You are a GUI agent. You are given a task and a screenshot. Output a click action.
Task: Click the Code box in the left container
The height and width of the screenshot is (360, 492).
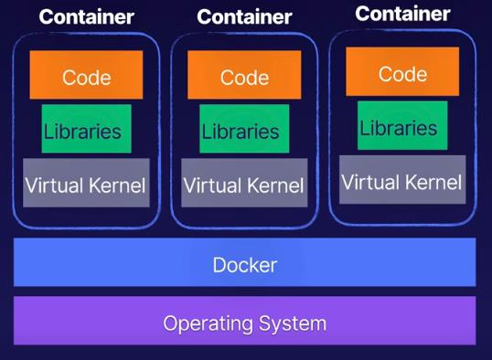point(86,76)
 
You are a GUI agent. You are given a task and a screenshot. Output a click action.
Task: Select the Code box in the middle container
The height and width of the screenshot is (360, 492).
point(243,77)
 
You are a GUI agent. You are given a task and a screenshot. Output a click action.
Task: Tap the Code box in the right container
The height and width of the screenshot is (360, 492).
point(402,72)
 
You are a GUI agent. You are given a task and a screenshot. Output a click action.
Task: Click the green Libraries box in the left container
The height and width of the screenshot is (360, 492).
point(86,130)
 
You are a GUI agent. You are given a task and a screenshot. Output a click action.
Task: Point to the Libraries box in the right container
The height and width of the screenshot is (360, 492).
point(402,126)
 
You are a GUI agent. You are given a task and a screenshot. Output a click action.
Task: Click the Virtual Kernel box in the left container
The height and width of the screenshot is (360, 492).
point(86,184)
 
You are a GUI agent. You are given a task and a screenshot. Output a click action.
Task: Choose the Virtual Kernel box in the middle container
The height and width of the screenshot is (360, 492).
point(244,185)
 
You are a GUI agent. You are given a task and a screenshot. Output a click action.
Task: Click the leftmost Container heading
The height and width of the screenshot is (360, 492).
point(86,16)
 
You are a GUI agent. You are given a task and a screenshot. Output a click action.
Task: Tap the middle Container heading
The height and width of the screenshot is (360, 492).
point(244,16)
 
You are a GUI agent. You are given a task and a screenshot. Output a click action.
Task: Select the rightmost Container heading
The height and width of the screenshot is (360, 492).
point(402,14)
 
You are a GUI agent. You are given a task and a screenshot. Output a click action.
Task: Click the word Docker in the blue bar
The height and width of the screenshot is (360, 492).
point(244,265)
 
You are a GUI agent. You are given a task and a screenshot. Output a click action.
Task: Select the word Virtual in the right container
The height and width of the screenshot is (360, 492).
point(369,181)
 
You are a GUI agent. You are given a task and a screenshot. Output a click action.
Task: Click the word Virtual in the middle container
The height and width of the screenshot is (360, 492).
point(211,185)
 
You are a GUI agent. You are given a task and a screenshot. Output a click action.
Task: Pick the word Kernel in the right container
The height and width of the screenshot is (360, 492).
point(433,181)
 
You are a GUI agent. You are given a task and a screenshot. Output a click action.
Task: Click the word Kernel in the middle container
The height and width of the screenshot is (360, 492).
point(274,185)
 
